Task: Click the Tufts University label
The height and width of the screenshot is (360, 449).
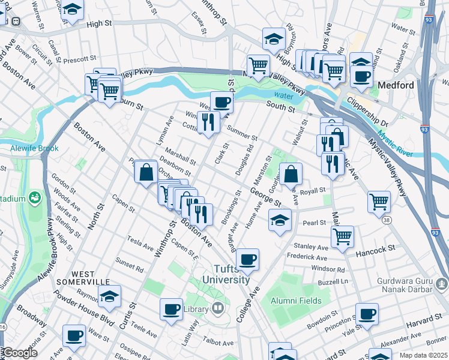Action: pos(226,275)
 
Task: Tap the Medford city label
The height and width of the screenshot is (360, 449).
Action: pos(396,85)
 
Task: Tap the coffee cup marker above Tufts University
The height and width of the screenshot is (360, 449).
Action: pos(247,259)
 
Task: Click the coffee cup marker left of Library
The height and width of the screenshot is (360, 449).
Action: pos(172,309)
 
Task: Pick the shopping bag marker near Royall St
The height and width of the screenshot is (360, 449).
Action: pos(291,174)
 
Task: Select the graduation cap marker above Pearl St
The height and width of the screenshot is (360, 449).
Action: pos(280,220)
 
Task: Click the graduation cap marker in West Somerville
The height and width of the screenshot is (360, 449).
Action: pos(109,296)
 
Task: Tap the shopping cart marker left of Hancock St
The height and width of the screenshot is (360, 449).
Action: pos(342,236)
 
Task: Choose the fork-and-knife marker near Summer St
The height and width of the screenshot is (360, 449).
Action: pos(208,123)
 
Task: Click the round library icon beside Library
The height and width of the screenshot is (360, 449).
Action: pos(217,310)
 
